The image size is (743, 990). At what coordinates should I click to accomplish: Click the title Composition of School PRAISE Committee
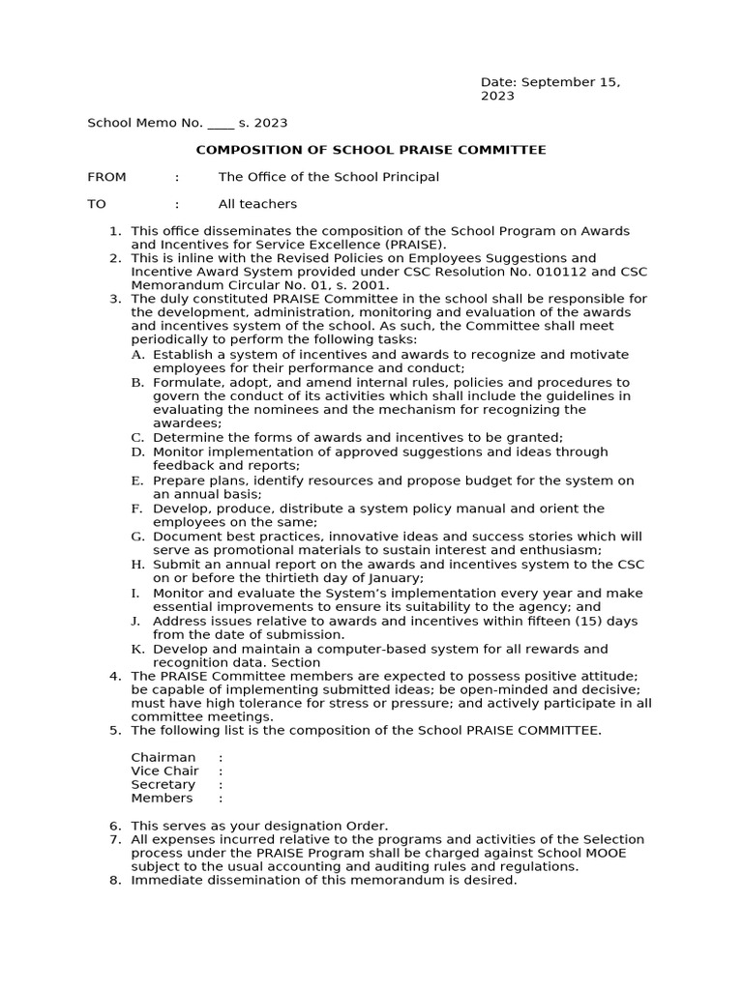[x=371, y=150]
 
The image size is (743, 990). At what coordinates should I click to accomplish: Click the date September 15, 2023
[x=550, y=89]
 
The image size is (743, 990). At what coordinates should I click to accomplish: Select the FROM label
[x=106, y=177]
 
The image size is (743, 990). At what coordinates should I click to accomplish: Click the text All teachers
[x=257, y=204]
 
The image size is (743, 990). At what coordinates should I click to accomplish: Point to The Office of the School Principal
[x=328, y=177]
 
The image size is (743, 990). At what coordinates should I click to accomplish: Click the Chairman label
[x=163, y=757]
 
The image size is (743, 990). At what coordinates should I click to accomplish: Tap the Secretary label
[x=163, y=785]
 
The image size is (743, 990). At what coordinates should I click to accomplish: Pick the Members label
[x=162, y=799]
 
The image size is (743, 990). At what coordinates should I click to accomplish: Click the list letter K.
[x=136, y=649]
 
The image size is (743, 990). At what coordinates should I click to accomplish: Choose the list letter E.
[x=136, y=480]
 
